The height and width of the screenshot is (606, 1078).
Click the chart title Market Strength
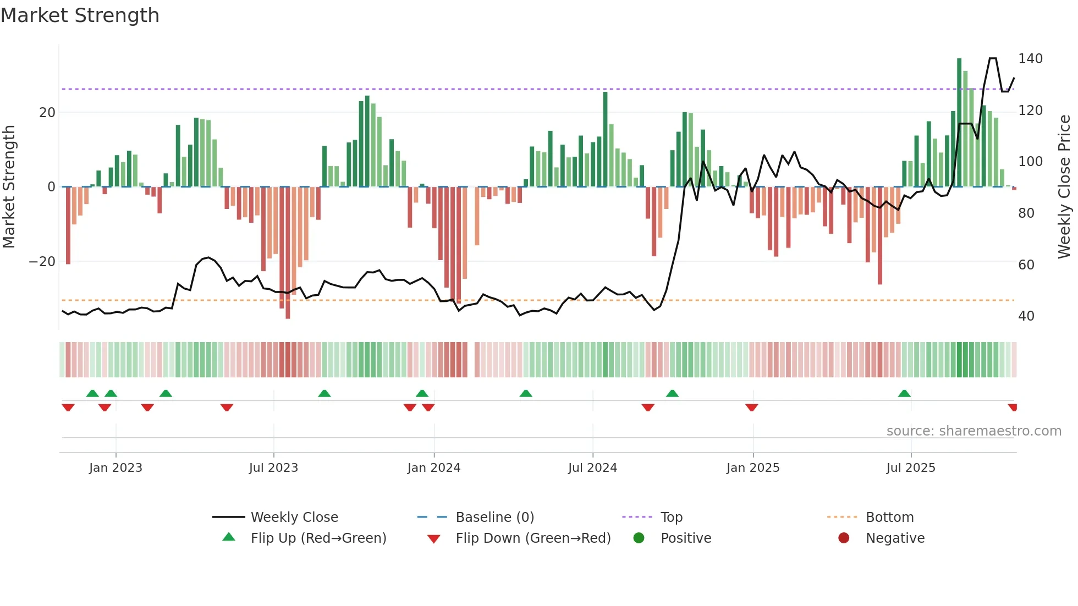click(80, 15)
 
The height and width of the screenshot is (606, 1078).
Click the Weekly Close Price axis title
click(1065, 186)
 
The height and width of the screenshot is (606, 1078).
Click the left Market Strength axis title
click(9, 186)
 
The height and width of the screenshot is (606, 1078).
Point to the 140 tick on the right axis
click(1030, 59)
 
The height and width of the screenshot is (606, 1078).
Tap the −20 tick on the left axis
click(42, 262)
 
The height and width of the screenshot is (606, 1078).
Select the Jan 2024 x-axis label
click(433, 468)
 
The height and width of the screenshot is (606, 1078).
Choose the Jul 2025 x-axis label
click(910, 468)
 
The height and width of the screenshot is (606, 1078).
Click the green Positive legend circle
click(639, 538)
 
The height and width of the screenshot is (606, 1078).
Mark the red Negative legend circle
click(844, 538)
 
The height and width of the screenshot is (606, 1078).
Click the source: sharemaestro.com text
click(974, 431)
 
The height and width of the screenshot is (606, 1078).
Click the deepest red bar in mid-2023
click(288, 253)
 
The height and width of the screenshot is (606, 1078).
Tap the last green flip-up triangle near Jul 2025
click(904, 393)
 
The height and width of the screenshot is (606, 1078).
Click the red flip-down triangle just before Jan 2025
click(752, 407)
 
